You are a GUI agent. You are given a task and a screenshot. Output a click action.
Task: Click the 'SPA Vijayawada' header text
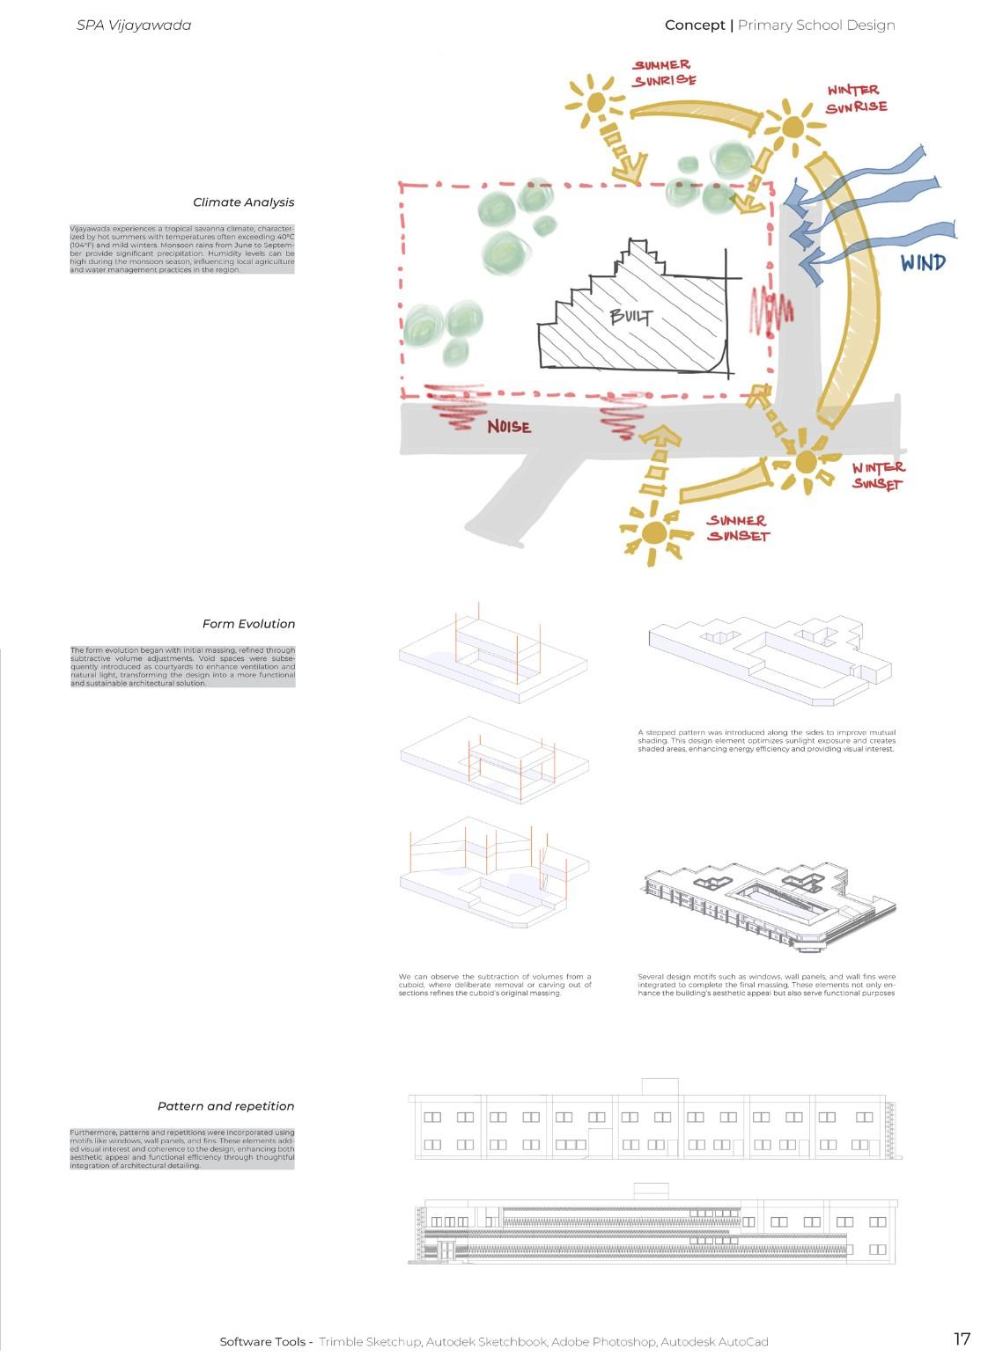134,26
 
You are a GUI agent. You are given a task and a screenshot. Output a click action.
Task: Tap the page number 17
962,1338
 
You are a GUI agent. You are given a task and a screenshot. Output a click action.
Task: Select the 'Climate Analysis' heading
244,202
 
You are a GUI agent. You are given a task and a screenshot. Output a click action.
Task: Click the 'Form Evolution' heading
248,624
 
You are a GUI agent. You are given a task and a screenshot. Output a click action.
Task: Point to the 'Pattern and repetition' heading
226,1106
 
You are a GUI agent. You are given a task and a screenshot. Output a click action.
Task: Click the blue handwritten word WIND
923,262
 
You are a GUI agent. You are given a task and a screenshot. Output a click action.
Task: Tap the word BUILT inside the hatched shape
631,316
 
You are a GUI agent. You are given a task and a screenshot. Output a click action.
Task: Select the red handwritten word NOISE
509,427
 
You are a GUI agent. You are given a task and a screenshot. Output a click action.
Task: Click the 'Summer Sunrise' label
664,72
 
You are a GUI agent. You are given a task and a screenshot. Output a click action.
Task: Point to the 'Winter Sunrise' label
856,99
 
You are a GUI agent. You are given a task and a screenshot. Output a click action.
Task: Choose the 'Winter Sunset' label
877,476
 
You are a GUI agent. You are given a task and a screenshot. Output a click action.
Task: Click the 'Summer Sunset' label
738,528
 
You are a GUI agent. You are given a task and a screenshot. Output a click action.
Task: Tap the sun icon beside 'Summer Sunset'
654,533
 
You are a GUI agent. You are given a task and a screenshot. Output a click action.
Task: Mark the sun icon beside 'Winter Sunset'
806,462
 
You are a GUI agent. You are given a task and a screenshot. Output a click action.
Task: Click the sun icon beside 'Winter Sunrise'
792,128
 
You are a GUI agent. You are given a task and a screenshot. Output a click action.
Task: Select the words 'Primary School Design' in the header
816,26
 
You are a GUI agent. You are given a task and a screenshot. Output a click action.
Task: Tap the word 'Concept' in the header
695,26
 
